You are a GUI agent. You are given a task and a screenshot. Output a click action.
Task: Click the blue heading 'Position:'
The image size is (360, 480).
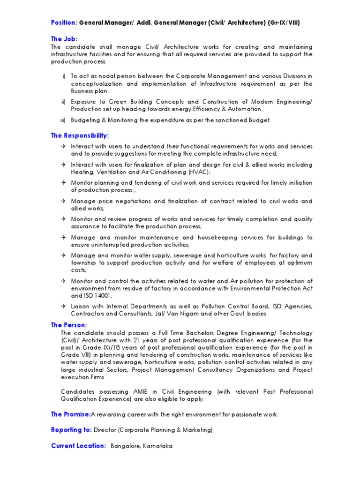click(64, 23)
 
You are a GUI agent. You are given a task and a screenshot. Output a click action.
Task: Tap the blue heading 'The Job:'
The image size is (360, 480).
click(64, 39)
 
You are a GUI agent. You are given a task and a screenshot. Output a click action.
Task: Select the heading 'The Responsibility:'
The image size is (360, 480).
click(80, 135)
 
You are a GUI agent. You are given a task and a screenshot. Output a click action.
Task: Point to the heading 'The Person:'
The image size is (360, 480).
click(69, 325)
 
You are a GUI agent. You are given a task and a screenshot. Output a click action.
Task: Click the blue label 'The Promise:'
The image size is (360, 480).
click(70, 414)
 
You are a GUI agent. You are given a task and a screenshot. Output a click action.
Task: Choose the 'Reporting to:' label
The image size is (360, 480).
click(71, 430)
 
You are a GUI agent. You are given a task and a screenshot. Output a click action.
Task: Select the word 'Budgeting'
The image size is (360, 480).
click(86, 120)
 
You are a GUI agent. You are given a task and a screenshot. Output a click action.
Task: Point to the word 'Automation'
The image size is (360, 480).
click(246, 109)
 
